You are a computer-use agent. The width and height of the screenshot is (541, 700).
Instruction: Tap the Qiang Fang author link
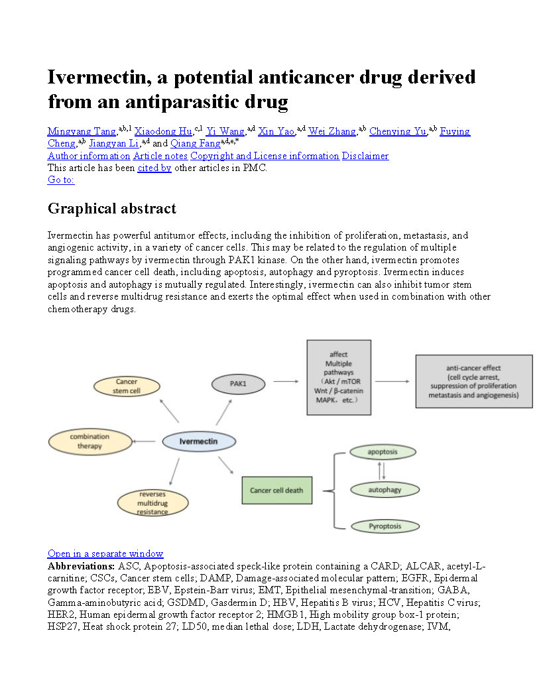195,143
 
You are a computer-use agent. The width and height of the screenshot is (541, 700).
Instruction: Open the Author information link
89,156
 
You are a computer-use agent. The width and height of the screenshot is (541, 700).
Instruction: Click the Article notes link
160,156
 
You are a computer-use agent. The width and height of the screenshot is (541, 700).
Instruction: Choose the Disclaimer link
365,156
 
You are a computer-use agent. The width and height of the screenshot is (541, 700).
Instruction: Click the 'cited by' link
154,168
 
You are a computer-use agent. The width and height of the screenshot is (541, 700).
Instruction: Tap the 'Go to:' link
61,180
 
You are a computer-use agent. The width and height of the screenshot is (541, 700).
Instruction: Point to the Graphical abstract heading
112,209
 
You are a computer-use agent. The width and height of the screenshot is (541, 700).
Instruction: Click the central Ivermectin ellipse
199,441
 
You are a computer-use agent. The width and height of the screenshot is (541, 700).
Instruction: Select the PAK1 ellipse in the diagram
238,383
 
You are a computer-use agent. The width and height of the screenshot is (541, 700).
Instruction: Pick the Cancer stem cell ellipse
127,386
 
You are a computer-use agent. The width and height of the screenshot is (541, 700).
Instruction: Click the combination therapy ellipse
90,441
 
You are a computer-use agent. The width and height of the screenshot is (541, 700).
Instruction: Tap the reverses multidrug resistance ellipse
152,503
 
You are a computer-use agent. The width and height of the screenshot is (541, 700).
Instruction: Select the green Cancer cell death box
276,491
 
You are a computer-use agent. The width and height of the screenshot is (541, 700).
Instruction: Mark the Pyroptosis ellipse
385,526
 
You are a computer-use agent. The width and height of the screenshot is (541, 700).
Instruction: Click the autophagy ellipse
385,491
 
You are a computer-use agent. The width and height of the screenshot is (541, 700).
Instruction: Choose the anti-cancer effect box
473,381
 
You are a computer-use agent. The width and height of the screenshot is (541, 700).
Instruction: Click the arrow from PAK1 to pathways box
286,381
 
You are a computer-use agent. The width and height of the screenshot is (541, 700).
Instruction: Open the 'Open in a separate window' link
105,554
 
